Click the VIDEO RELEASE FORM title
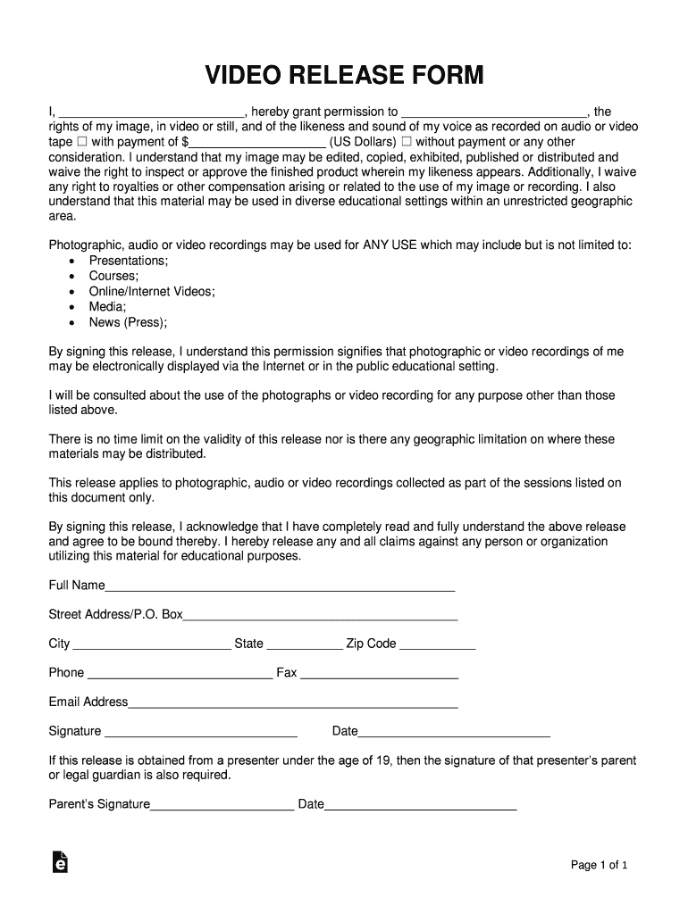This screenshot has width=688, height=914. coord(344,75)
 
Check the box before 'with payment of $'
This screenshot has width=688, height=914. coord(81,142)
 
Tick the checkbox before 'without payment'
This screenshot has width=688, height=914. coord(407,142)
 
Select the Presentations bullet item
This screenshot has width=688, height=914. coord(128,260)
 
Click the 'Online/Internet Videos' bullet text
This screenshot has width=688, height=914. coord(151,291)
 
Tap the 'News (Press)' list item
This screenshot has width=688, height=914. coord(128,322)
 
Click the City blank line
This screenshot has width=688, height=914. coord(151,647)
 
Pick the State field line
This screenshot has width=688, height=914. coord(304,647)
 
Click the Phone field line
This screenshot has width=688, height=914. coord(179,677)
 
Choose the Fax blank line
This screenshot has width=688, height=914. coord(379,677)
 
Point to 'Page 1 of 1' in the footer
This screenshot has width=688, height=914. coord(600,865)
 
